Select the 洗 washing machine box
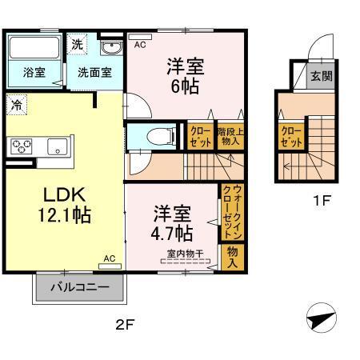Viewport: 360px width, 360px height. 77,43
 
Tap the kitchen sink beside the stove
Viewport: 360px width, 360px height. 57,146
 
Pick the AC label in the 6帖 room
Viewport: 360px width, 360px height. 140,45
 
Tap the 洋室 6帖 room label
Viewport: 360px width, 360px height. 185,75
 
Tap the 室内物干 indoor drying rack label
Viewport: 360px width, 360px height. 184,254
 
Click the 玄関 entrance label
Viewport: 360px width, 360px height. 322,77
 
